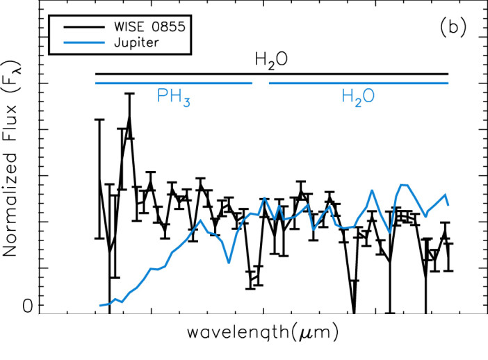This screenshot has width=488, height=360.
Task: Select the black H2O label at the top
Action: [x=272, y=62]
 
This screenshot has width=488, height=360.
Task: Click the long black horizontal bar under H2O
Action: [x=272, y=73]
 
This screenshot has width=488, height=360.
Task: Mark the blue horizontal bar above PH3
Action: [x=174, y=83]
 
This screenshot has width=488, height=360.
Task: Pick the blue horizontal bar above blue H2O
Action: [x=358, y=83]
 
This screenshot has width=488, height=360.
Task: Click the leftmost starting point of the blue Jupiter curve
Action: [x=100, y=305]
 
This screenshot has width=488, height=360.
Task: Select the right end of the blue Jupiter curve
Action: [x=448, y=205]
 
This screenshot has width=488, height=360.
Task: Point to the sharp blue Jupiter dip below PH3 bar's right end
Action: [x=229, y=263]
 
